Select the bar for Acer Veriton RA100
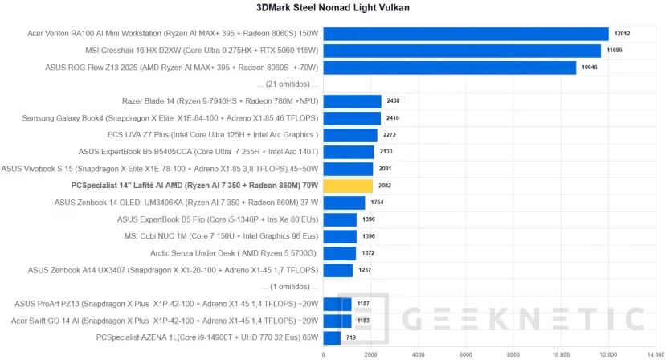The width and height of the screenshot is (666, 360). tap(466, 34)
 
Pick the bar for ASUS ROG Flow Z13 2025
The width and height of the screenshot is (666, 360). tap(450, 67)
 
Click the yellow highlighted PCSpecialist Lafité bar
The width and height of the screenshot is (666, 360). tap(348, 186)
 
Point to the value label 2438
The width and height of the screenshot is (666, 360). tap(393, 101)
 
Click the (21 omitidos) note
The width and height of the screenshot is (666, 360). tap(288, 84)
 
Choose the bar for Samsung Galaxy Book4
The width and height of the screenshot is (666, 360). tap(352, 118)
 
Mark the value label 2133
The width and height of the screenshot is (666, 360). tap(386, 152)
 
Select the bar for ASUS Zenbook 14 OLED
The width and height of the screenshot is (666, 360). tap(344, 202)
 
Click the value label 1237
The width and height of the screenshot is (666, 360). tap(365, 270)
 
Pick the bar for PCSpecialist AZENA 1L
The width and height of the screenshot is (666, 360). tap(332, 337)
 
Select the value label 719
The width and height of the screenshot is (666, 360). tap(350, 337)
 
